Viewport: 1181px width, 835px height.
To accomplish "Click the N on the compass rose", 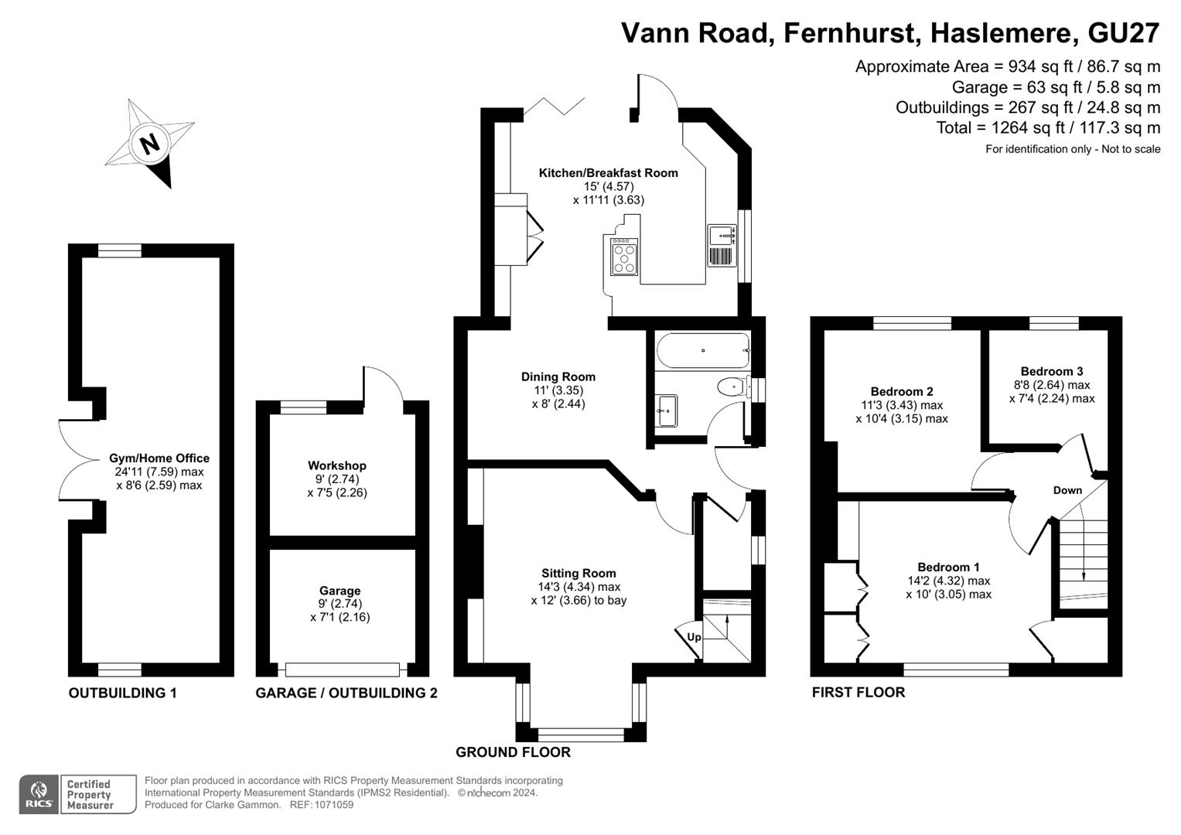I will point(150,144).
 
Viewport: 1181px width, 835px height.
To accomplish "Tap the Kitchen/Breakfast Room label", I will point(608,173).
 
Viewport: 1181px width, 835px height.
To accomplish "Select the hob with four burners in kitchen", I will point(624,256).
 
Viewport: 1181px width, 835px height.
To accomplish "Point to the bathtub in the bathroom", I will point(702,350).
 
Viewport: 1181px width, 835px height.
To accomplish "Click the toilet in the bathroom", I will point(731,386).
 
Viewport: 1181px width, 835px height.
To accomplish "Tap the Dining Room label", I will point(558,377).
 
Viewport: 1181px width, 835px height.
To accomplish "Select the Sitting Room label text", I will point(579,573).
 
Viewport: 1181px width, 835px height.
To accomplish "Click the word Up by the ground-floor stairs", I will point(694,637).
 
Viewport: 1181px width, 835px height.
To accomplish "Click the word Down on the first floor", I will point(1067,490).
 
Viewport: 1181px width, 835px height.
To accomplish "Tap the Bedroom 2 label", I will point(901,391).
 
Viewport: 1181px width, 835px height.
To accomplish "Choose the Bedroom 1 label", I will point(948,567).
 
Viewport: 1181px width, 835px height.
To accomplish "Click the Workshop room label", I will point(336,465).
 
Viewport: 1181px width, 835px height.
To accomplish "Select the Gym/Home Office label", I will point(159,458).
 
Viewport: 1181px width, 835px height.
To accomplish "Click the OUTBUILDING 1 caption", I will point(122,693).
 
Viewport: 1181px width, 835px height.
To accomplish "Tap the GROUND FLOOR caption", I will point(513,752).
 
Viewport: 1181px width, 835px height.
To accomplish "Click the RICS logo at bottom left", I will point(38,794).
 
